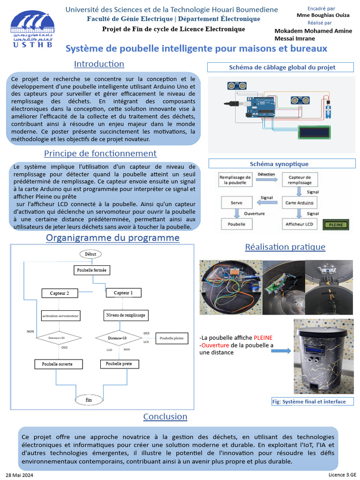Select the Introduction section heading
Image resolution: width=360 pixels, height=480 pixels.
point(99,64)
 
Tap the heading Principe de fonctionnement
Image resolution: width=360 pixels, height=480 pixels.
point(100,153)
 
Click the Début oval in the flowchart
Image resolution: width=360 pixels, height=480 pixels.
point(90,254)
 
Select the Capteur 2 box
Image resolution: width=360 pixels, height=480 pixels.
point(60,293)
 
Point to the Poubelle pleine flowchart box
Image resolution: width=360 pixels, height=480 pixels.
point(172,338)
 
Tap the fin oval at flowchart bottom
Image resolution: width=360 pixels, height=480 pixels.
point(89,399)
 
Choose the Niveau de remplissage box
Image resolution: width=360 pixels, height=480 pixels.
point(126,315)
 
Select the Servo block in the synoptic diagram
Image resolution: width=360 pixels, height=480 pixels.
point(237,203)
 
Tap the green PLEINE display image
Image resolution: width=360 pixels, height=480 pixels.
point(336,225)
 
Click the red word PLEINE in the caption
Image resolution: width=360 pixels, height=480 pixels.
point(263,337)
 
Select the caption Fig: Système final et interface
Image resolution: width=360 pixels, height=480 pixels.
point(312,401)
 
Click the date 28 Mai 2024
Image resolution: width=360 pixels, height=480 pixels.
point(19,475)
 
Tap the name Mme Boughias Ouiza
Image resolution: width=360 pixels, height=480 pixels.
point(323,15)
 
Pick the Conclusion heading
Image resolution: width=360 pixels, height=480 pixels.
point(165,416)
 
